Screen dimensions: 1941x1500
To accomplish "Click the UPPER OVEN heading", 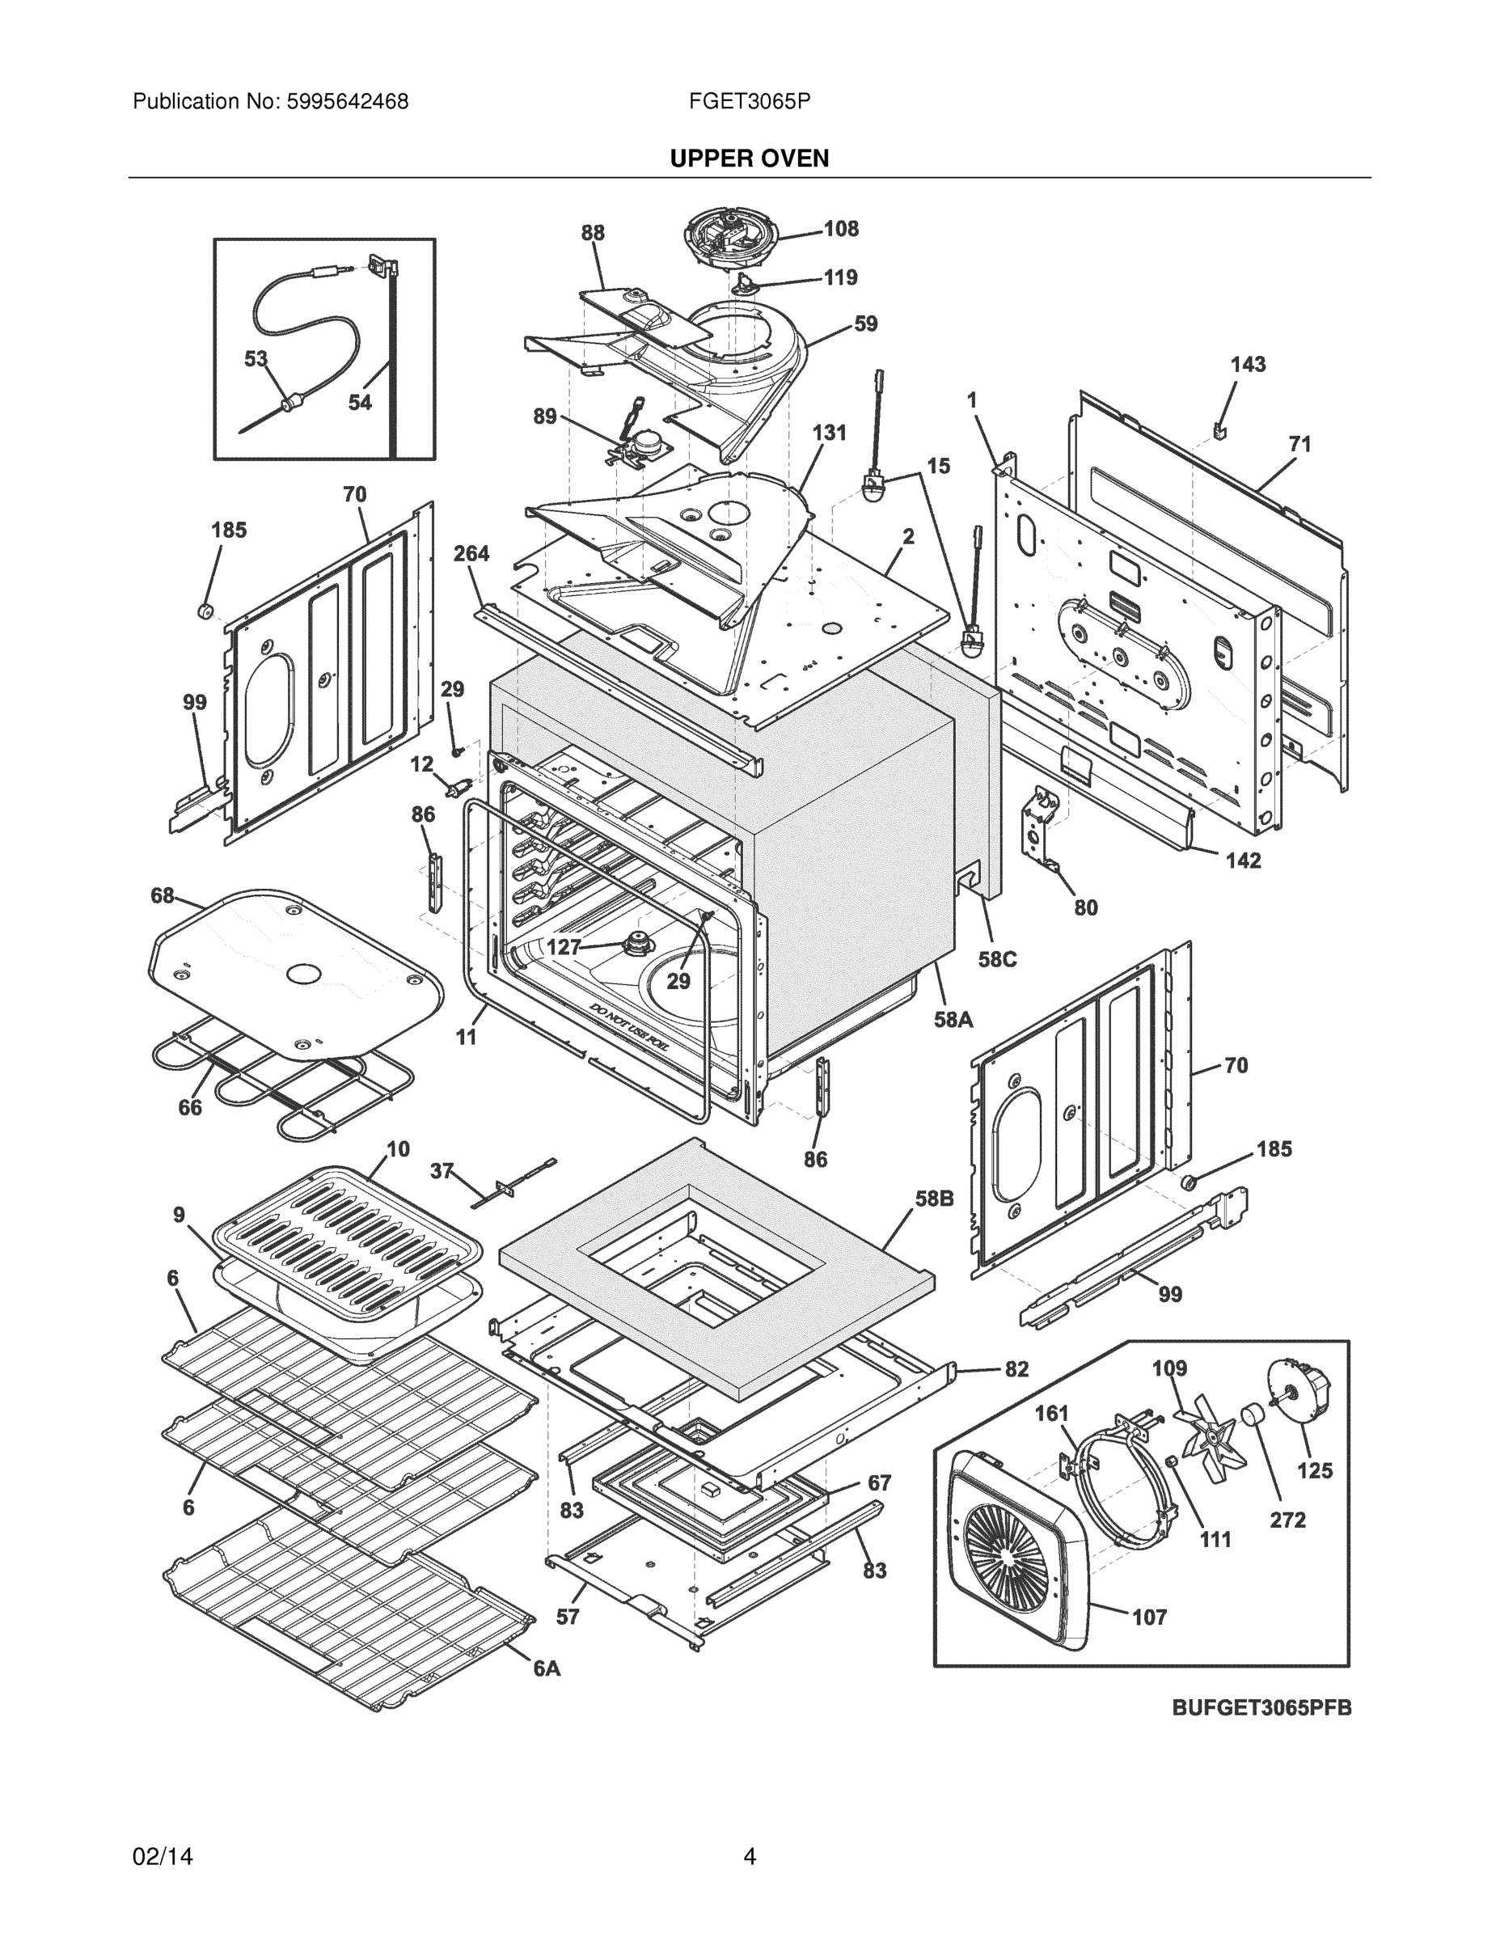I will tap(749, 159).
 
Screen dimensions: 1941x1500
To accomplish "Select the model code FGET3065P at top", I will tap(748, 102).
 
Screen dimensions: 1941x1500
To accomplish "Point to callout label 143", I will tap(1248, 365).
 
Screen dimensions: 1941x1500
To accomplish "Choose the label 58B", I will tap(934, 1199).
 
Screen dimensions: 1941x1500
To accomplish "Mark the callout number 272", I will tap(1287, 1520).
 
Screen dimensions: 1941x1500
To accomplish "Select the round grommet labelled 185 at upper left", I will tap(205, 611).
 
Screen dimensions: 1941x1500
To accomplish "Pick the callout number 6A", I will tap(547, 1669).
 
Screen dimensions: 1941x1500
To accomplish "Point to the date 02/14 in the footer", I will tap(163, 1857).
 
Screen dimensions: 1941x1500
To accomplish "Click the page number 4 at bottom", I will tap(749, 1857).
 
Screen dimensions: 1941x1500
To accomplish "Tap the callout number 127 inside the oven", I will tap(564, 947).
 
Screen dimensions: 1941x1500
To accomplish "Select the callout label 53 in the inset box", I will tap(256, 359).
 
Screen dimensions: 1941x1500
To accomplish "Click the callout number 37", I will tap(442, 1171).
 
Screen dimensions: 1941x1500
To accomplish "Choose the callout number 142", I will tap(1243, 861).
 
